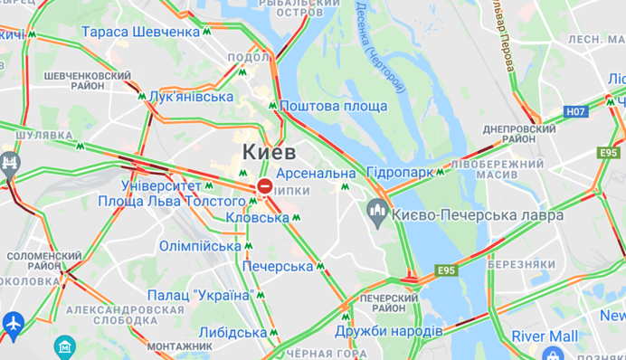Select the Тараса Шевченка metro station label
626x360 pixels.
[140, 32]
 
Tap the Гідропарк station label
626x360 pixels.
[399, 172]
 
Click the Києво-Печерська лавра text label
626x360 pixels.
[479, 214]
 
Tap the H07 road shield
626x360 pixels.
[574, 111]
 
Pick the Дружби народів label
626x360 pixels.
[388, 331]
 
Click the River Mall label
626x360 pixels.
[545, 336]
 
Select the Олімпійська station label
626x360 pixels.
[200, 245]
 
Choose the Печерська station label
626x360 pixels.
[277, 266]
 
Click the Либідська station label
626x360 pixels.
[232, 332]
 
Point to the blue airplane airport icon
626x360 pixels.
[13, 322]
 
